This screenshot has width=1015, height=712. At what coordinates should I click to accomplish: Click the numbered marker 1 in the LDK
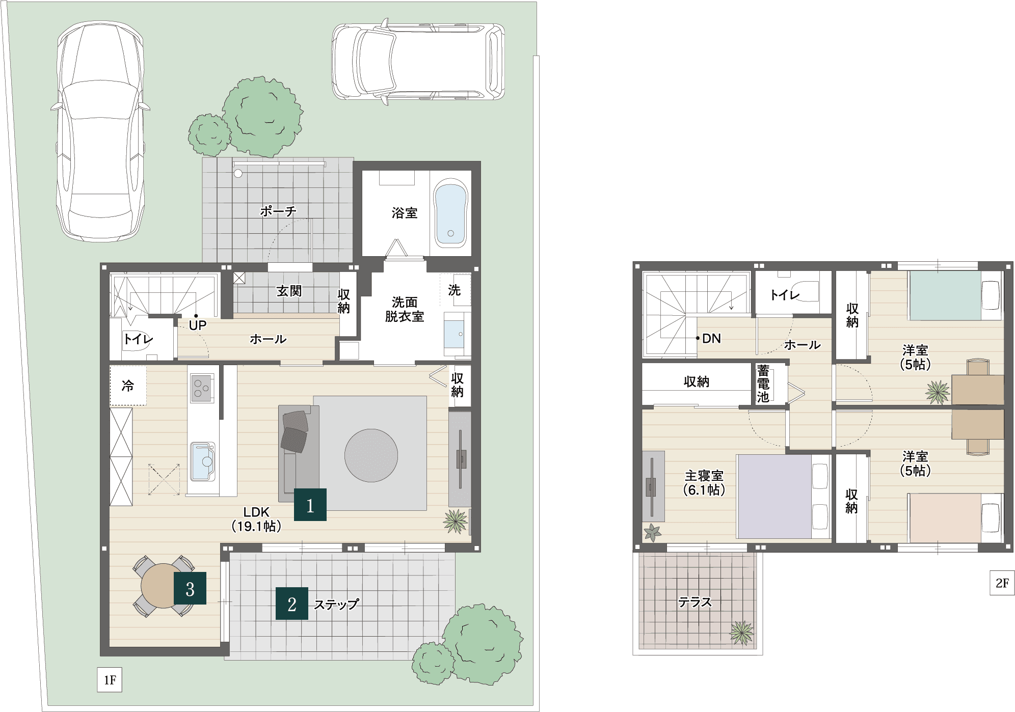tap(310, 505)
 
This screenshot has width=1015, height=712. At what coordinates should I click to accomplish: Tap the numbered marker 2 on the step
tap(292, 604)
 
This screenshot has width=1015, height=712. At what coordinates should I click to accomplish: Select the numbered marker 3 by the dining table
tap(190, 588)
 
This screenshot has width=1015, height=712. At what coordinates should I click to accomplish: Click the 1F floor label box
tap(110, 680)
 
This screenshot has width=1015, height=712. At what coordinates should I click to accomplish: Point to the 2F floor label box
tap(1002, 583)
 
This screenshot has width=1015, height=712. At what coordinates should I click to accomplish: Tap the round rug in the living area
tap(371, 455)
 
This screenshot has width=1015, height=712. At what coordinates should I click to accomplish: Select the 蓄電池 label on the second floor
tap(763, 384)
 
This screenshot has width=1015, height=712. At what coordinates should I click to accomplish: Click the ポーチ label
tap(278, 211)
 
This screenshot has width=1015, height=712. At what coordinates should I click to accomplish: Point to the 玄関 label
tap(289, 291)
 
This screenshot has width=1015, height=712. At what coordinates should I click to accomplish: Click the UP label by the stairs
tap(198, 325)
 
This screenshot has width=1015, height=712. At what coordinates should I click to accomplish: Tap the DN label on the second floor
tap(711, 339)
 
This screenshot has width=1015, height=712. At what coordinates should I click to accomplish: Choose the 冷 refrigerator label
tap(128, 386)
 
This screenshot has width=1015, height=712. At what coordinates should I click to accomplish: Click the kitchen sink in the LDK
tap(202, 461)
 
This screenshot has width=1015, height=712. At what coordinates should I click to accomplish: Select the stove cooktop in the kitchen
tap(202, 388)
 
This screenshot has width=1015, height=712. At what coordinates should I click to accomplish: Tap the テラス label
tap(695, 603)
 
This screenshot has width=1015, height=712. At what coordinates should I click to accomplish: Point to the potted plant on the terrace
tap(741, 633)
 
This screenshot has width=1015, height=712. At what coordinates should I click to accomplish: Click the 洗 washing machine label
tap(455, 290)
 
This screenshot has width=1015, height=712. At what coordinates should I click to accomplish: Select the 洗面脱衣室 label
tap(405, 310)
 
